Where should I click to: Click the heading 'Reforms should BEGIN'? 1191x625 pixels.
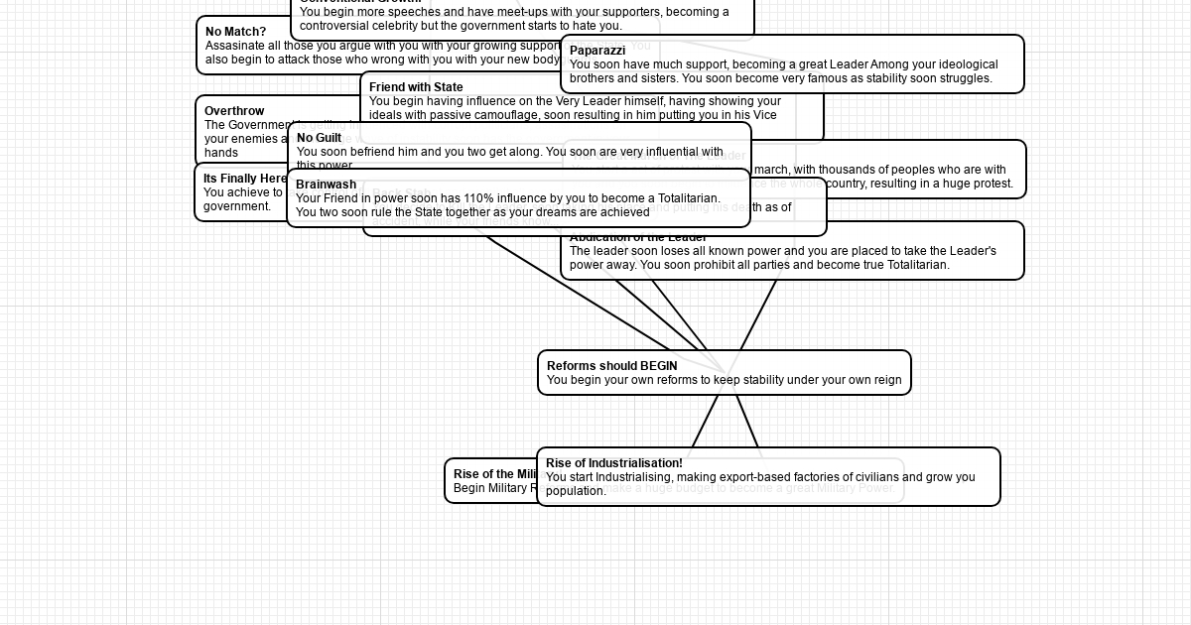pos(611,366)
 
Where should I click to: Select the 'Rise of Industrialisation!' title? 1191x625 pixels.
pos(613,463)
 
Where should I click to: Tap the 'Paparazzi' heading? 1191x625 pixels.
pos(596,51)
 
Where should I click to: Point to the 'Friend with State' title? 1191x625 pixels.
pos(416,87)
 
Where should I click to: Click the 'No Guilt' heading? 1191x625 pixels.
pos(319,138)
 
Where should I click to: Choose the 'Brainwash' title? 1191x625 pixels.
pos(326,185)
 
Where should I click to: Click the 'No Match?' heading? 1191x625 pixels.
pos(235,32)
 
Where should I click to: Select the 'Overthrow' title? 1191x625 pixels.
pos(234,111)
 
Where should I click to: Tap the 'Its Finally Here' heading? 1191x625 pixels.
pos(245,179)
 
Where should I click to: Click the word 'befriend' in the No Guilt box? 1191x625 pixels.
pos(372,152)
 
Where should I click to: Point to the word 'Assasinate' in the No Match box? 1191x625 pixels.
pos(235,46)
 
